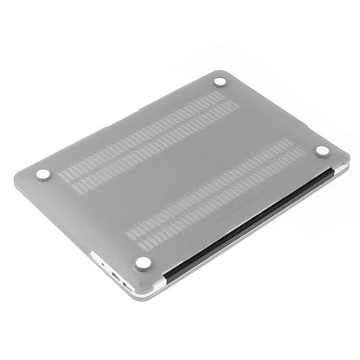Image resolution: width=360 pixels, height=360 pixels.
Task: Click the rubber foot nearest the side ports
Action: [x=144, y=262]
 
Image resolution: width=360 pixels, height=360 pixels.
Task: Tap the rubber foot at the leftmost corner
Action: [x=43, y=174]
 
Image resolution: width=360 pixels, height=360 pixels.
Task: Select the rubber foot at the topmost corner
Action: [x=220, y=82]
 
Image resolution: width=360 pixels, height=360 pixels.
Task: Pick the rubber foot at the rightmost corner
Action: [x=322, y=151]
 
